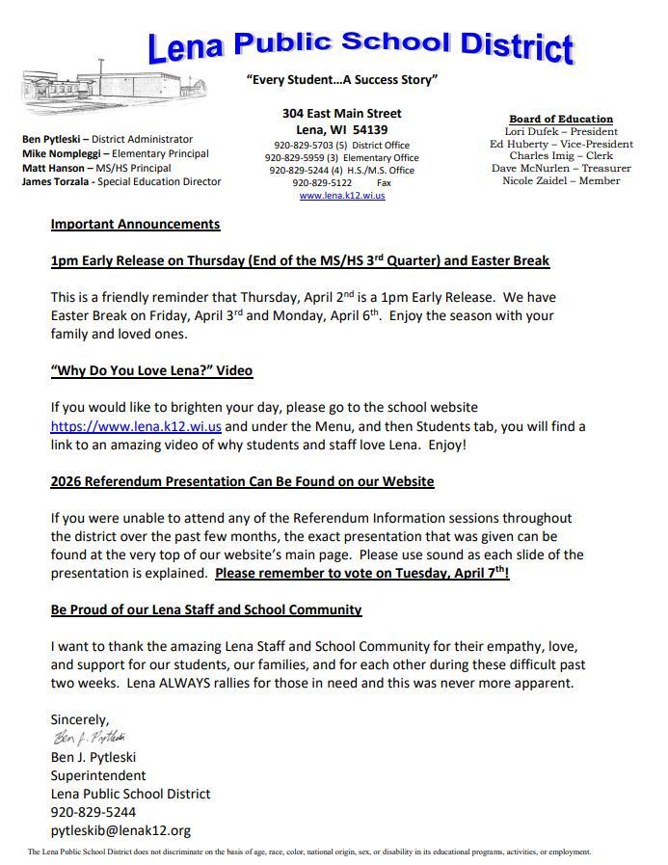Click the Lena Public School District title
click(x=361, y=44)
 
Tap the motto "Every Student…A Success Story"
click(x=341, y=80)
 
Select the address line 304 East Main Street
click(x=341, y=113)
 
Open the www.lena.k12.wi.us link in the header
click(x=341, y=195)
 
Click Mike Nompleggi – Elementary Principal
click(x=115, y=153)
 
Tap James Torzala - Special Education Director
click(x=121, y=181)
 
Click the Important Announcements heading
click(x=135, y=224)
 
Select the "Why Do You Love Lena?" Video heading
click(x=151, y=370)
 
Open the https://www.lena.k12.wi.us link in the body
click(x=136, y=426)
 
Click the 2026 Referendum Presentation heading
click(x=242, y=480)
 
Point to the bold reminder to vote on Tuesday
click(x=362, y=573)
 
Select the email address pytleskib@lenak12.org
click(x=120, y=830)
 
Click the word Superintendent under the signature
click(x=98, y=775)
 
